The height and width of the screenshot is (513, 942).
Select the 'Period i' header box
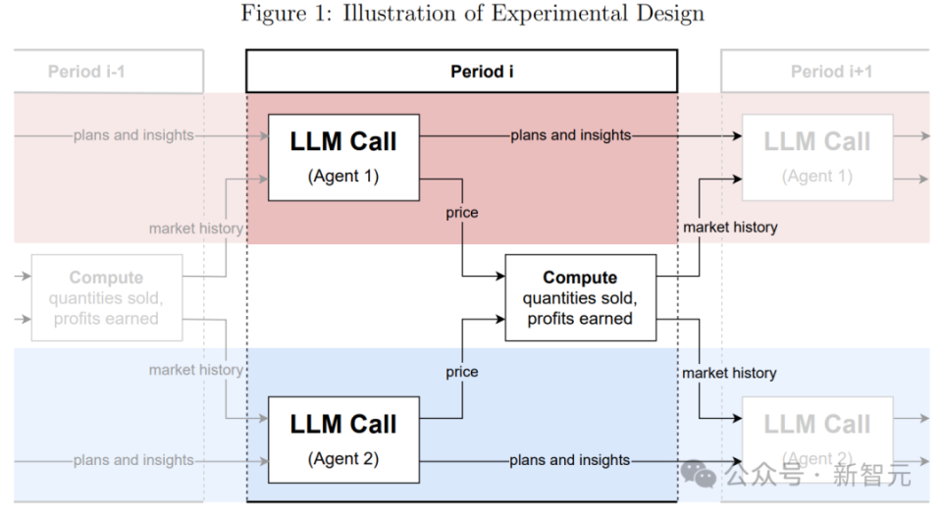[x=461, y=72]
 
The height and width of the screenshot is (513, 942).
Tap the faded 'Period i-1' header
[x=107, y=72]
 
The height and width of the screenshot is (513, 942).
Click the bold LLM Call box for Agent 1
[x=343, y=157]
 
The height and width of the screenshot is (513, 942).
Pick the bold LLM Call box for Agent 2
[x=343, y=439]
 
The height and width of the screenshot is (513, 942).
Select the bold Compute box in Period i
[x=580, y=297]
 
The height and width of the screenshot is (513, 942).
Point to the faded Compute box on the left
[x=106, y=297]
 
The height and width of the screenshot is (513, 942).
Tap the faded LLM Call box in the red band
[x=817, y=157]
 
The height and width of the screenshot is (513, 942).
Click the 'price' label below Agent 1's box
[x=462, y=213]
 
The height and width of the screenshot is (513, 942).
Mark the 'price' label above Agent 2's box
[x=462, y=372]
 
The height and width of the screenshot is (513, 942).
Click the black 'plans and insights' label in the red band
[x=571, y=135]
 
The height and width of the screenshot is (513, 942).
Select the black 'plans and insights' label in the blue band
[x=570, y=460]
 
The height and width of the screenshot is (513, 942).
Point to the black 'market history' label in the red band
[x=730, y=227]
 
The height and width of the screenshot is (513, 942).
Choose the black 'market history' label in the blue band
[x=729, y=373]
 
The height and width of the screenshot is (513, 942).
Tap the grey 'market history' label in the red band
[x=196, y=229]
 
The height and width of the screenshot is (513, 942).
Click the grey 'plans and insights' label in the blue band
[x=133, y=460]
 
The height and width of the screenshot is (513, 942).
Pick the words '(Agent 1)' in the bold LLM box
[x=343, y=177]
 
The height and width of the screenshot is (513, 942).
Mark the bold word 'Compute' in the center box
[x=580, y=278]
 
